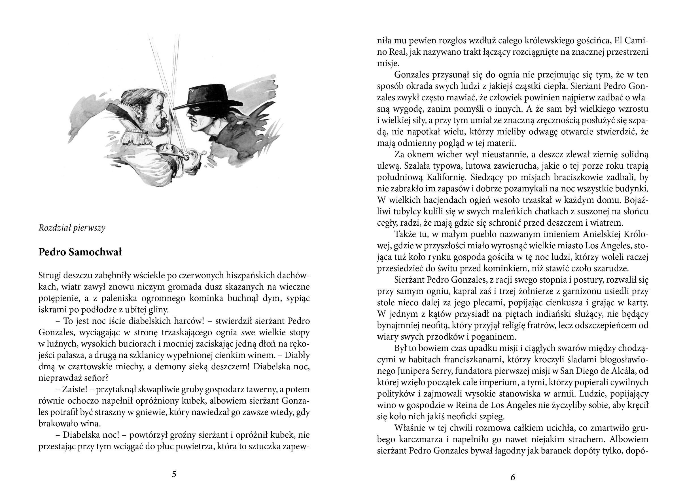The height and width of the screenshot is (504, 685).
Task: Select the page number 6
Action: tap(513, 477)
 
